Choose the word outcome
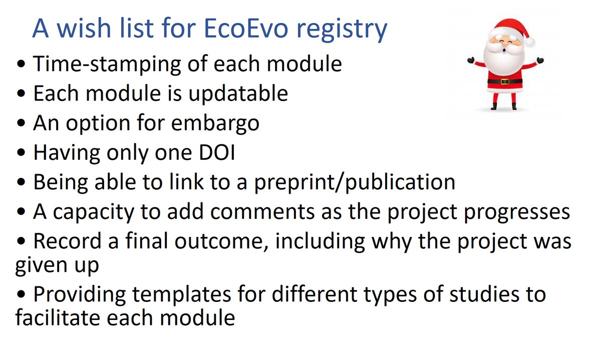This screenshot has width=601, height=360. [218, 241]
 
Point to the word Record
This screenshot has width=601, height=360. [65, 241]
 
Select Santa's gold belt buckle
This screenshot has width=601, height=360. [504, 81]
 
